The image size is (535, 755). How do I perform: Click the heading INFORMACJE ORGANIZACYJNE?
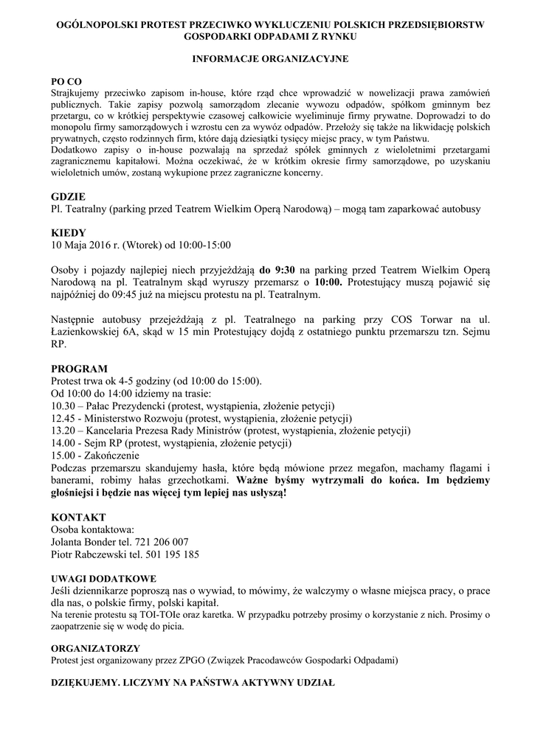click(x=270, y=57)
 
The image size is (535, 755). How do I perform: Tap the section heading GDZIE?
click(x=69, y=197)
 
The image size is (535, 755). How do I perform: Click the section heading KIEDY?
click(x=69, y=232)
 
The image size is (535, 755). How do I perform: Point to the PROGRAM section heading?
click(x=79, y=369)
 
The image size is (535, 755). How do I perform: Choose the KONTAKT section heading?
click(x=78, y=517)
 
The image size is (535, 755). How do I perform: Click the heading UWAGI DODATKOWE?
click(x=103, y=578)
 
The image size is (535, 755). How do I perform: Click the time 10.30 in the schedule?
click(x=63, y=406)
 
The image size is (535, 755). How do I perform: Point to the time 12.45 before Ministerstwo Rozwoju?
click(x=63, y=418)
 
